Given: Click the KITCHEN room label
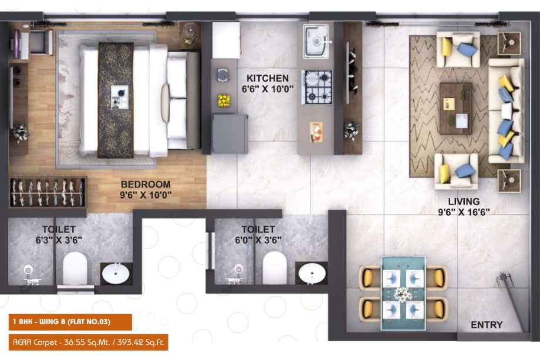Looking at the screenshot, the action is click(268, 78).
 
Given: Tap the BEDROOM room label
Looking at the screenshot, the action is click(146, 184).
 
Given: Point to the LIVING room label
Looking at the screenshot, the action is click(464, 201).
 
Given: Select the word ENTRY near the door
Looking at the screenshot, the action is click(486, 325).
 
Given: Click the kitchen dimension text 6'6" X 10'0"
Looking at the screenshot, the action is click(268, 89).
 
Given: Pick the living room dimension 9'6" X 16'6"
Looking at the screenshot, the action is click(464, 212).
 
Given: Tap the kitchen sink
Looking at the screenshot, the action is click(316, 41).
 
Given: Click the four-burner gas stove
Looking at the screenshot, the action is click(317, 87).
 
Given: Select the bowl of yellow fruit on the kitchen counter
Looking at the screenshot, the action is click(224, 100).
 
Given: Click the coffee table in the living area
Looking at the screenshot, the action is click(456, 108).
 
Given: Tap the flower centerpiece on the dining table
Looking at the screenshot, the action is click(403, 294).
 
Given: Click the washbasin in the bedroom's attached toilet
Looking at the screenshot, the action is click(116, 274).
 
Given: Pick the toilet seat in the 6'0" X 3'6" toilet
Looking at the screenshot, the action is click(275, 268).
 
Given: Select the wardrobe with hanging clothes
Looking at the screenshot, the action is click(48, 193).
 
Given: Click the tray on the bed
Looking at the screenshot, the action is click(120, 97).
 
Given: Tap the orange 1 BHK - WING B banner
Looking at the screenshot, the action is click(70, 322).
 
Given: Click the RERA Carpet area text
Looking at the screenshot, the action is click(89, 342).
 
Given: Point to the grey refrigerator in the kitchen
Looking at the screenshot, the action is click(230, 134).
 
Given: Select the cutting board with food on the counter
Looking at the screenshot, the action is click(316, 132).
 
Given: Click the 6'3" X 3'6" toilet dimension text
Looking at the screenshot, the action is click(59, 240).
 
